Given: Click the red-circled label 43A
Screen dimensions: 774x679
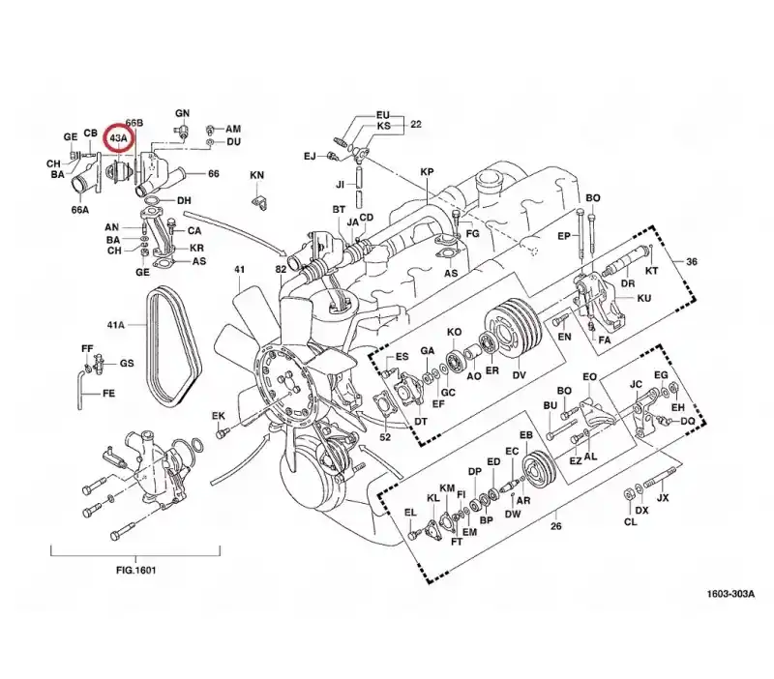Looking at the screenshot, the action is (118, 138).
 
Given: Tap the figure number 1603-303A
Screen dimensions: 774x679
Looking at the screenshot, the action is (730, 594).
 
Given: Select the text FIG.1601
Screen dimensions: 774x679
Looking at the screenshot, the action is (135, 570).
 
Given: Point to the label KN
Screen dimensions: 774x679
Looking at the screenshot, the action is (256, 175).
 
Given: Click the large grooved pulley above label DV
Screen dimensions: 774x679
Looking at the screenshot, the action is (514, 330).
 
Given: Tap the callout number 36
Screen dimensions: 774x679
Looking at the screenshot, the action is (692, 261).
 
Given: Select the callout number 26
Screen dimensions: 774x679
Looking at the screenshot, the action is (555, 526).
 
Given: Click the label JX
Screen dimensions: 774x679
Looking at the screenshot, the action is (663, 498).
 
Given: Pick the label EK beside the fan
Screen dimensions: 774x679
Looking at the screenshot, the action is (219, 416).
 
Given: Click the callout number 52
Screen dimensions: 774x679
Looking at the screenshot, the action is (385, 437).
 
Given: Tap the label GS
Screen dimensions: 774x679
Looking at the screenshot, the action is (127, 363).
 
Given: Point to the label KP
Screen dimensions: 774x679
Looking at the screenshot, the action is (427, 172).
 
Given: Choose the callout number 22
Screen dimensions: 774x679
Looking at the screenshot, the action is (416, 124).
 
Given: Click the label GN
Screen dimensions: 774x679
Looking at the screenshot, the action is (182, 113).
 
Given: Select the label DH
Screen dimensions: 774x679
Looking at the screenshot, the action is (184, 201).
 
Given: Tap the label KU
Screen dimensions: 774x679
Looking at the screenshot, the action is (644, 298).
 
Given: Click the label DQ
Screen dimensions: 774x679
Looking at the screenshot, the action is (688, 421).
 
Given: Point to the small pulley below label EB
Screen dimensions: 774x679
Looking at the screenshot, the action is (539, 469).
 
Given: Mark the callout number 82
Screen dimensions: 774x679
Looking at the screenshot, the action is (281, 270).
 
